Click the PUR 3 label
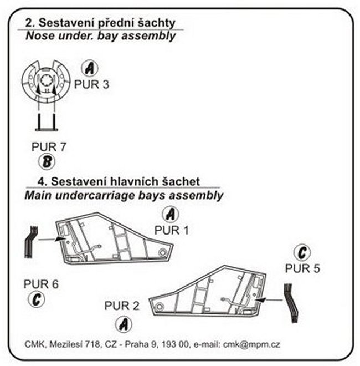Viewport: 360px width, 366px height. (91, 84)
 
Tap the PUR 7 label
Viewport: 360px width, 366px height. (49, 147)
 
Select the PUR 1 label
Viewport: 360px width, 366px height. (172, 230)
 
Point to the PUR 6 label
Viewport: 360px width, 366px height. (41, 284)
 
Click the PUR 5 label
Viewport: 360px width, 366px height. (302, 268)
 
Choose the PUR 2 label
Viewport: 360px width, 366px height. (122, 306)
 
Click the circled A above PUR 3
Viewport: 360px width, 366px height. (90, 68)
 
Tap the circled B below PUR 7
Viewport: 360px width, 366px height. (47, 162)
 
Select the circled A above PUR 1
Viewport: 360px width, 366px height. (171, 214)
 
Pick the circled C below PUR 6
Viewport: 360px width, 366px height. (37, 299)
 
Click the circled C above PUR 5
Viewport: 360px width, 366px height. (302, 252)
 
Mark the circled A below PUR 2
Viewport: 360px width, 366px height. (124, 324)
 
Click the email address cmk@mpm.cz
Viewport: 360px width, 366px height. (251, 344)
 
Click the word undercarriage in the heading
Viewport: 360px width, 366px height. (95, 196)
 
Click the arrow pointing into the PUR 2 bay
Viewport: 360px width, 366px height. (269, 299)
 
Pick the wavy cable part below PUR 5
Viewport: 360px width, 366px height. (291, 303)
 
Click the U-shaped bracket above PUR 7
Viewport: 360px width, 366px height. (47, 129)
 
